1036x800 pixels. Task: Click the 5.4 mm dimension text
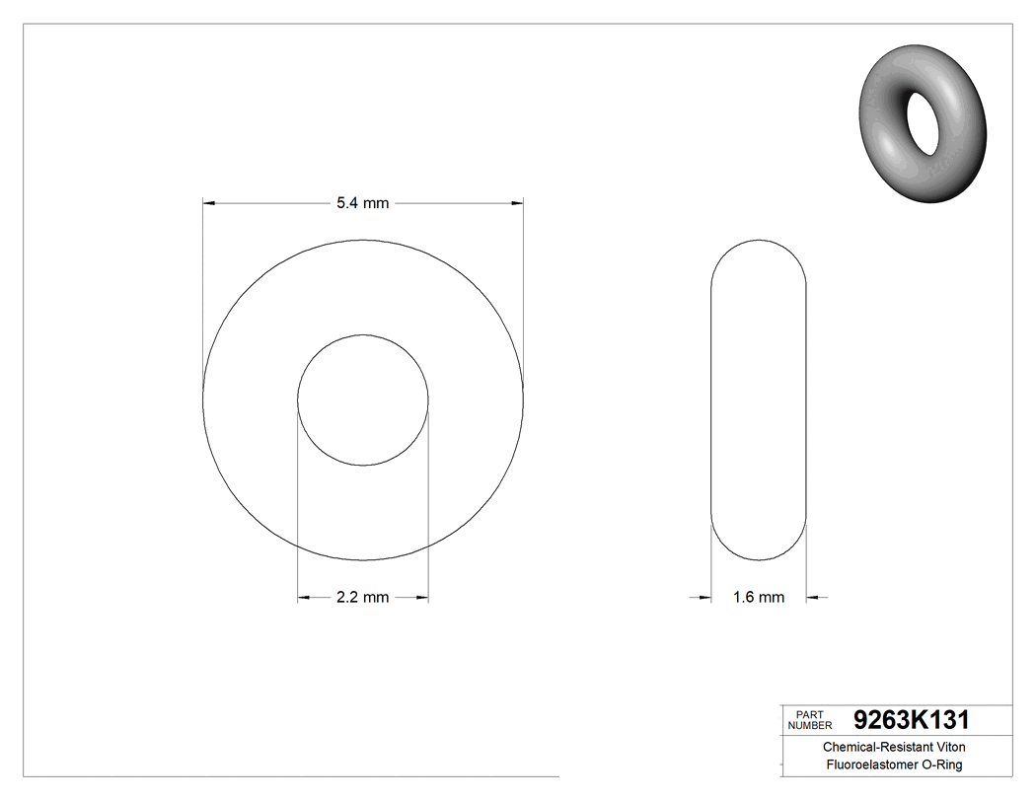[x=362, y=203]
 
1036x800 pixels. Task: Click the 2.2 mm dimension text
[x=362, y=597]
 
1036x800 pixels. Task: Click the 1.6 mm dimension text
[x=758, y=597]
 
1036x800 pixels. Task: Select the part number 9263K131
[x=912, y=719]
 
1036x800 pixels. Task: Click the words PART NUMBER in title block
[x=809, y=719]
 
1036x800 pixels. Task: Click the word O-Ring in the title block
[x=940, y=764]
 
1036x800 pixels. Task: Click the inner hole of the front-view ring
[x=363, y=400]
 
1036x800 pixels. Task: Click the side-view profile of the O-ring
[x=759, y=400]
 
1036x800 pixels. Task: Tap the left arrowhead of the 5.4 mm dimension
[x=209, y=203]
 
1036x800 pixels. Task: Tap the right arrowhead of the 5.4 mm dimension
[x=517, y=203]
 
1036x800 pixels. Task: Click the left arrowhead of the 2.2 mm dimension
[x=305, y=597]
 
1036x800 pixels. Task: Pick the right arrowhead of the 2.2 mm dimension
[x=421, y=597]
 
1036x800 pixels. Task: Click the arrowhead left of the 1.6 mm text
[x=704, y=597]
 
